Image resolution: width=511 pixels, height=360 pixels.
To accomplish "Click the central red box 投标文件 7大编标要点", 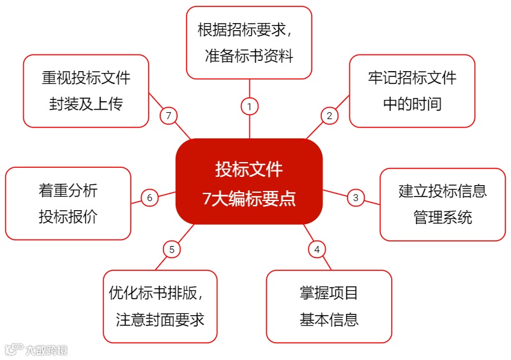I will (249, 181).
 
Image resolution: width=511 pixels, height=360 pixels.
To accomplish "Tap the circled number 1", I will (249, 106).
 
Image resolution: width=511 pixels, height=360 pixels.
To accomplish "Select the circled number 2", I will (329, 115).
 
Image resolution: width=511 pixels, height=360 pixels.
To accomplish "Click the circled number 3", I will (356, 197).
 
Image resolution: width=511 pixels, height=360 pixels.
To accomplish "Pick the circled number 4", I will (316, 249).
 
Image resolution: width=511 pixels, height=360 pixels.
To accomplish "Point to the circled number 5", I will (171, 249).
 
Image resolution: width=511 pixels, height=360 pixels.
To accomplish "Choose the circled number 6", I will (149, 197).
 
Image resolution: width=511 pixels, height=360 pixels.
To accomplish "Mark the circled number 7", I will (168, 115).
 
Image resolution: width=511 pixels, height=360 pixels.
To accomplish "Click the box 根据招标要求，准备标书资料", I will (249, 42).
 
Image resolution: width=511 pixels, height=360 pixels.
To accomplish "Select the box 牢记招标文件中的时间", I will (412, 90).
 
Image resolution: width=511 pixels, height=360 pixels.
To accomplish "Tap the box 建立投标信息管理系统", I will (442, 204).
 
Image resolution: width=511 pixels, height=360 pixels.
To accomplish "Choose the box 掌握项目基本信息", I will (328, 306).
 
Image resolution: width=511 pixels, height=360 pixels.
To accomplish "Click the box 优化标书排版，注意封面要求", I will (160, 306).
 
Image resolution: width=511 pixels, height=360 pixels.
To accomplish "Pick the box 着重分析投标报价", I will (68, 204).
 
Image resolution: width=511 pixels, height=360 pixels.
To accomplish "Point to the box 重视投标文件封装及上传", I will (86, 90).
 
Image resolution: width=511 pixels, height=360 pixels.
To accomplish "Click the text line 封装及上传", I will (86, 104).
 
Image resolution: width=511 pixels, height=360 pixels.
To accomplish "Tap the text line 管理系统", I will (442, 217).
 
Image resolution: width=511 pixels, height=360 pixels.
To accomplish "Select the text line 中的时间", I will (412, 104).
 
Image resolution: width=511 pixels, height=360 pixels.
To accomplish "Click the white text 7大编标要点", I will (249, 198).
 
